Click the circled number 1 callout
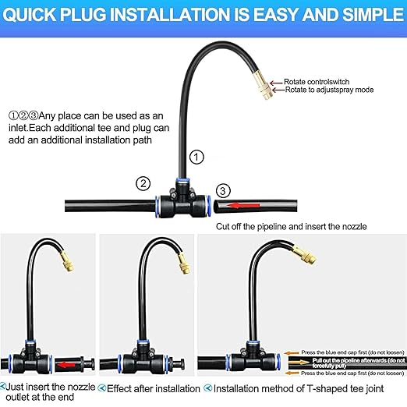[x=196, y=157]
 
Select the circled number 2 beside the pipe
[x=143, y=184]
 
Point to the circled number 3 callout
[x=223, y=191]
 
